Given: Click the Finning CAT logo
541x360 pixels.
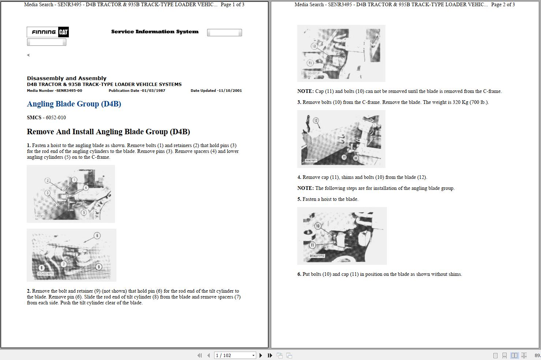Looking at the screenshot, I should pyautogui.click(x=48, y=32).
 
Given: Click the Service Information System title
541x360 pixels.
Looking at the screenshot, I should pyautogui.click(x=154, y=32).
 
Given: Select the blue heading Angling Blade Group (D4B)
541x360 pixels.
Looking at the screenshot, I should pyautogui.click(x=74, y=104).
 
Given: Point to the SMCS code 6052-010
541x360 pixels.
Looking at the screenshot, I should pyautogui.click(x=56, y=117).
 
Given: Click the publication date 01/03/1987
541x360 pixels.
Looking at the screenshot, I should pyautogui.click(x=153, y=91).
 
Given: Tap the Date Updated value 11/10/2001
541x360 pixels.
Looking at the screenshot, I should pyautogui.click(x=230, y=91).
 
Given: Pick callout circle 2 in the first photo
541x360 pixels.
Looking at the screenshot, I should pyautogui.click(x=48, y=180).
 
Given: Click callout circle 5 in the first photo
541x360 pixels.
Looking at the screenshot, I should pyautogui.click(x=84, y=212).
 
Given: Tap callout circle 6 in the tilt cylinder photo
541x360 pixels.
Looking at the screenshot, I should pyautogui.click(x=97, y=236).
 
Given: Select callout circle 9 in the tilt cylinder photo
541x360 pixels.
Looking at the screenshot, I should pyautogui.click(x=98, y=267).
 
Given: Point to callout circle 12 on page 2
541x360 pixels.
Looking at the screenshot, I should pyautogui.click(x=316, y=120).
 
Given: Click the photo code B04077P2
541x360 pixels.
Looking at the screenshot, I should pyautogui.click(x=317, y=256).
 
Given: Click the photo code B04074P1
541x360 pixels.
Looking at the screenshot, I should pyautogui.click(x=46, y=274).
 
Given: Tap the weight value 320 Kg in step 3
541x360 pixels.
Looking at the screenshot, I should pyautogui.click(x=460, y=102).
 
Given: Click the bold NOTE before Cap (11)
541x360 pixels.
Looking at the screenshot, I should pyautogui.click(x=305, y=91).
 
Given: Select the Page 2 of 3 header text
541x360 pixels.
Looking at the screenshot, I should pyautogui.click(x=503, y=5).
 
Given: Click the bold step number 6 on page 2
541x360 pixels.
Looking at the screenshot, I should pyautogui.click(x=299, y=274).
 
